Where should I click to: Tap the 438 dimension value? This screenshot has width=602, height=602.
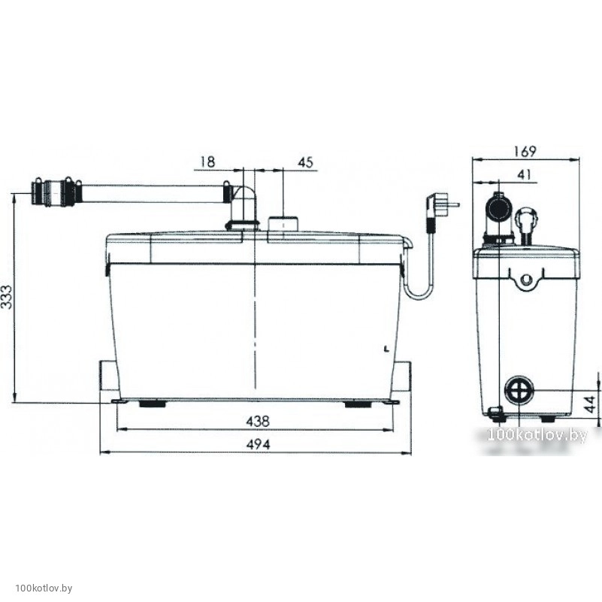point(258,422)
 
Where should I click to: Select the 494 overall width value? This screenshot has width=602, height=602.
point(258,445)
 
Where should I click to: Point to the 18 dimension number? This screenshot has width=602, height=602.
point(207,162)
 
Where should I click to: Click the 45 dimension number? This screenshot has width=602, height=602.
point(306,162)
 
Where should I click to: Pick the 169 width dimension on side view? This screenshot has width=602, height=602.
point(525,151)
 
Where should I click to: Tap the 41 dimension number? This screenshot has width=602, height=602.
point(524,174)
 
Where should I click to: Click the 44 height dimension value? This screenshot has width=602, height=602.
point(591,404)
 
